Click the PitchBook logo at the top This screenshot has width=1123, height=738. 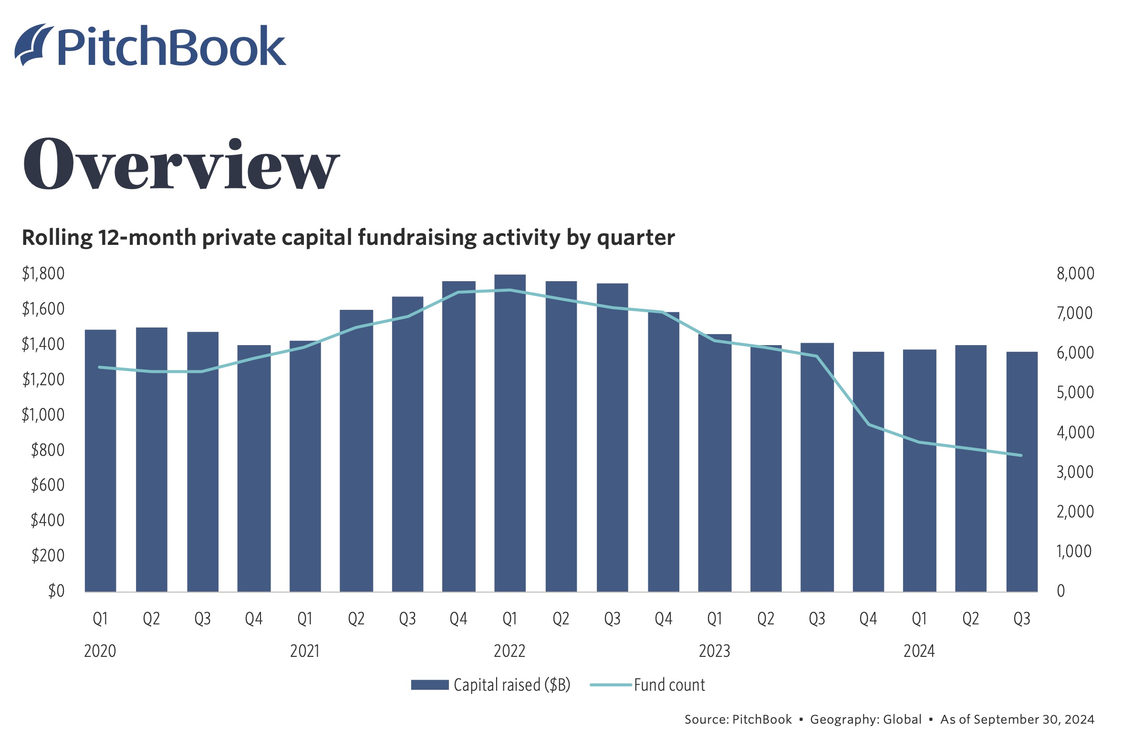(150, 45)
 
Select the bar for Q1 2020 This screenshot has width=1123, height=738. (100, 461)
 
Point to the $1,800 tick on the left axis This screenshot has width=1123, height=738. (43, 274)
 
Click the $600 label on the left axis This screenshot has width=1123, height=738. (47, 485)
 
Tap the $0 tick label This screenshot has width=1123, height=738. (56, 591)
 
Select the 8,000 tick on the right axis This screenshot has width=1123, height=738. (1075, 274)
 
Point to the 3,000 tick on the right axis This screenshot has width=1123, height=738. (1075, 472)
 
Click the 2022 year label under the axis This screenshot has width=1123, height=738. (509, 651)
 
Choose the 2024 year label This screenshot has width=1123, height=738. (919, 651)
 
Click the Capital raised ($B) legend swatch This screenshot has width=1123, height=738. (429, 685)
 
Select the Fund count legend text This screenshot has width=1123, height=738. (669, 685)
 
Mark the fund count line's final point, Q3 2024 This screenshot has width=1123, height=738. (1021, 455)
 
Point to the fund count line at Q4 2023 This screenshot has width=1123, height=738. (868, 424)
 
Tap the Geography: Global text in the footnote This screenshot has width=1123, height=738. (865, 719)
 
